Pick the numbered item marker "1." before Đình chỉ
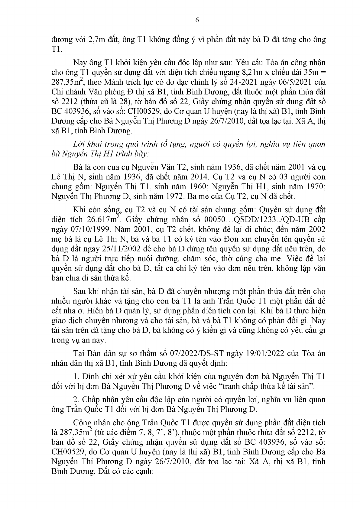tap(77, 376)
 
